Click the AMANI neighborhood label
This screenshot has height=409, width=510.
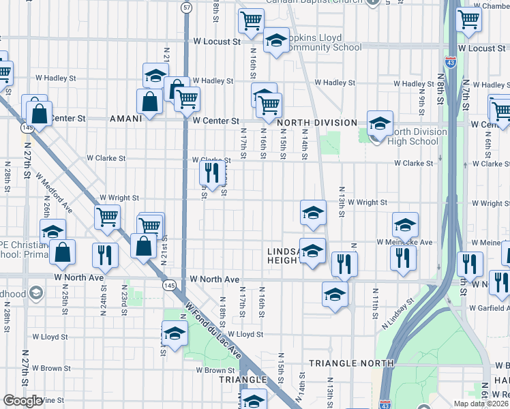click(125, 118)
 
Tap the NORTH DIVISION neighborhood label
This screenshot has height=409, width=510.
click(318, 123)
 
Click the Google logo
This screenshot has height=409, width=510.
click(22, 401)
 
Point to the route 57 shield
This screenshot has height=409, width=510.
click(186, 7)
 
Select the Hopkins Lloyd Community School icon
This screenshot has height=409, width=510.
click(276, 40)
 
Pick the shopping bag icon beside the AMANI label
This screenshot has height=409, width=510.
click(149, 102)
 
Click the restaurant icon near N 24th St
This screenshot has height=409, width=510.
click(104, 255)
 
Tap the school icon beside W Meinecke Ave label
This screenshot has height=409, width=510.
click(405, 225)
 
